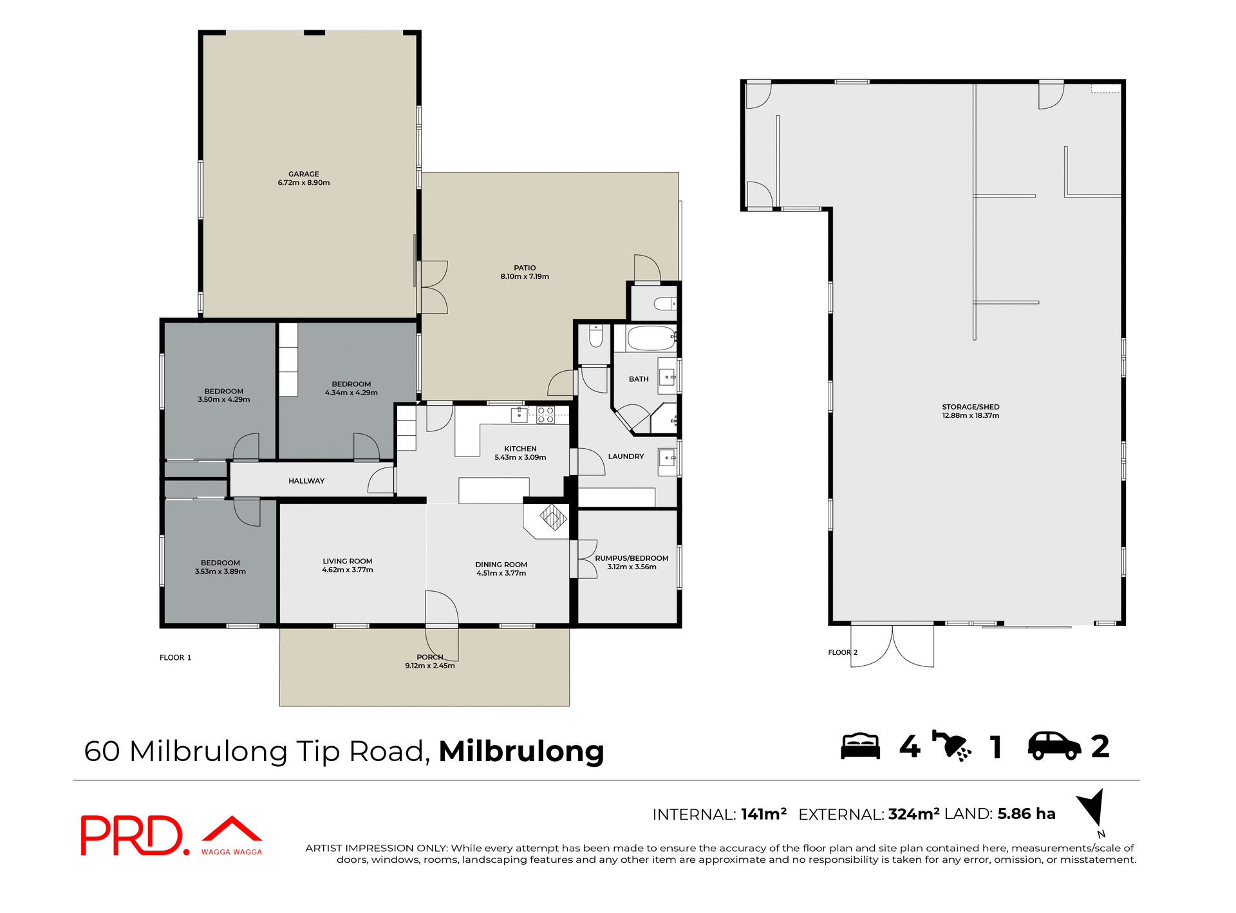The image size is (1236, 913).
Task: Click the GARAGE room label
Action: click(303, 174)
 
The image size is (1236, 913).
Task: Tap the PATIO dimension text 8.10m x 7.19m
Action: click(525, 277)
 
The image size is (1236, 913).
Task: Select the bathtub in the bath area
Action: click(651, 338)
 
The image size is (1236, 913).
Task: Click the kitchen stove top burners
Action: click(545, 415)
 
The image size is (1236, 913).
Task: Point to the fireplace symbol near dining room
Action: click(552, 516)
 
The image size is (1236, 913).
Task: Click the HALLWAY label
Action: click(306, 481)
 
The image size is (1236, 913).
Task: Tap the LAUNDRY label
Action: click(626, 456)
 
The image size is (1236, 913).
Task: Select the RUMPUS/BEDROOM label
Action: click(631, 558)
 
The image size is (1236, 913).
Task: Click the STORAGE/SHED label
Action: click(970, 407)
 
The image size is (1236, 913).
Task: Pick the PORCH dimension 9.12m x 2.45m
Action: click(429, 666)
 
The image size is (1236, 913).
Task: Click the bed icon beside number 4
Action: click(860, 746)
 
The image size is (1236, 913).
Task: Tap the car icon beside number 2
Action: click(1054, 746)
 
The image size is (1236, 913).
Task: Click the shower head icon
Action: click(952, 746)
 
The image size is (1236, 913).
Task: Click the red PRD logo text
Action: click(132, 836)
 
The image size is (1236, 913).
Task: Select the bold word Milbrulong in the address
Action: click(521, 751)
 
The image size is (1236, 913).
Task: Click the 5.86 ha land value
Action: click(1026, 814)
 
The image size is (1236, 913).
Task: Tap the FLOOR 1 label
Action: click(175, 657)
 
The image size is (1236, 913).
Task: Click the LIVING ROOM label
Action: click(347, 561)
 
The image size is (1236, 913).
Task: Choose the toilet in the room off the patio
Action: click(664, 303)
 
